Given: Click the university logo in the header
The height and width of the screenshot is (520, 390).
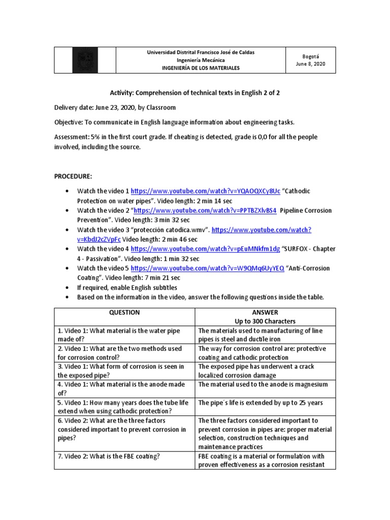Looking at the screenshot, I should pyautogui.click(x=85, y=60).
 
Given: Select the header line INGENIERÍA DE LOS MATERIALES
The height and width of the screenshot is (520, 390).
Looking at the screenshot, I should pyautogui.click(x=201, y=68).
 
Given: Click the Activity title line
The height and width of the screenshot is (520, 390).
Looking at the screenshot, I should pyautogui.click(x=194, y=93).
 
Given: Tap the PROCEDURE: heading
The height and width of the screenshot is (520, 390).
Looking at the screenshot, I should pyautogui.click(x=73, y=176).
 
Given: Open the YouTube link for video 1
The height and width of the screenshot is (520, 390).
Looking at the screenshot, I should pyautogui.click(x=205, y=191).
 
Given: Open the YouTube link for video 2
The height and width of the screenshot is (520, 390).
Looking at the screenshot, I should pyautogui.click(x=206, y=210).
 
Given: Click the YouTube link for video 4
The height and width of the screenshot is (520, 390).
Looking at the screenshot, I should pyautogui.click(x=205, y=249).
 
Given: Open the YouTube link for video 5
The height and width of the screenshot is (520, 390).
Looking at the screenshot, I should pyautogui.click(x=207, y=268).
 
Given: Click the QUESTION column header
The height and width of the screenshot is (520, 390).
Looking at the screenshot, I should pyautogui.click(x=124, y=313).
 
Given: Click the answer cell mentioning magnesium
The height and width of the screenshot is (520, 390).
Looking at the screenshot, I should pyautogui.click(x=263, y=385).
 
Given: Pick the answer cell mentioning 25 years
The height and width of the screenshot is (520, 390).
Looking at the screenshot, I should pyautogui.click(x=259, y=403).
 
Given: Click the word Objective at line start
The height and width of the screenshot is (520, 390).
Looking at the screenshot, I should pyautogui.click(x=68, y=123).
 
